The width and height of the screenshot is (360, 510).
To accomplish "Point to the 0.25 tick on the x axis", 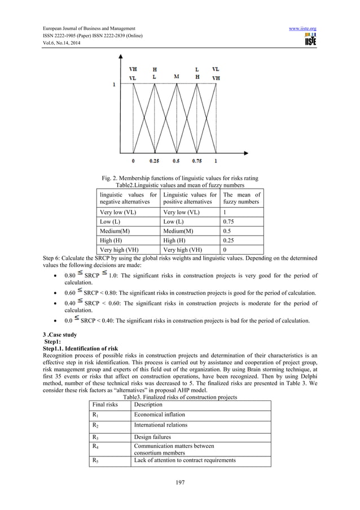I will tap(154, 161).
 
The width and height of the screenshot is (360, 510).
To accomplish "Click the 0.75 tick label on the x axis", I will tap(197, 161).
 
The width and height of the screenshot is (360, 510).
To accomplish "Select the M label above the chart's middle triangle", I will tap(177, 76).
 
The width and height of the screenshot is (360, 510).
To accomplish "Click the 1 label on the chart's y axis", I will tap(115, 85).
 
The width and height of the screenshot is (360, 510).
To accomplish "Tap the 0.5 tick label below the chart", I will tap(176, 161).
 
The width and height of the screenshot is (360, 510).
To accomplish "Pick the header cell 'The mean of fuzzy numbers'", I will tap(242, 198).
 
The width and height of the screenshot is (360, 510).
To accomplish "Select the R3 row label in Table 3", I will tap(95, 436).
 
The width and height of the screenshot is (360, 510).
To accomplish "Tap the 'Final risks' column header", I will tap(104, 405).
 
